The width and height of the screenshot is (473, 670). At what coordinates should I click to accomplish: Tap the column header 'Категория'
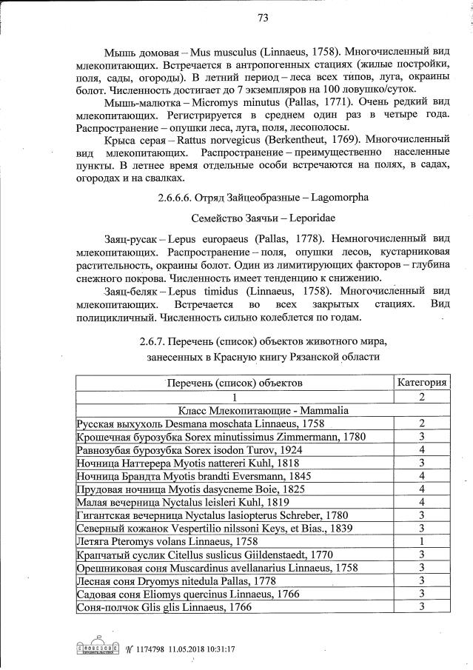(x=421, y=382)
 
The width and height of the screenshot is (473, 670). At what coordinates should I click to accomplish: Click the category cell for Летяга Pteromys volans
(x=420, y=541)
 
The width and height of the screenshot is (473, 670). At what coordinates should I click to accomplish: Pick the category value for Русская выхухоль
(x=420, y=423)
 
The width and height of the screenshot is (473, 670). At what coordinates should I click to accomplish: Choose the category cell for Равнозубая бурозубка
(x=420, y=449)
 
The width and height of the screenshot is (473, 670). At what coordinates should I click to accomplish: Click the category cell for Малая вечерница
(x=420, y=502)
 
